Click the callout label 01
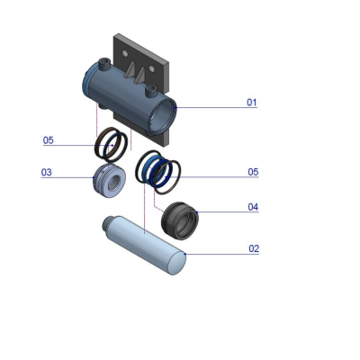point(252,103)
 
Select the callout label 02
point(254,248)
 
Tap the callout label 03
point(46,172)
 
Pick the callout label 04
point(253,207)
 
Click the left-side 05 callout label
point(48,140)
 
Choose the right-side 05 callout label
point(253,172)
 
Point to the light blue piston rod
point(144,245)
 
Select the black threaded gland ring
point(180,220)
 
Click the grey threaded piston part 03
point(109,181)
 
